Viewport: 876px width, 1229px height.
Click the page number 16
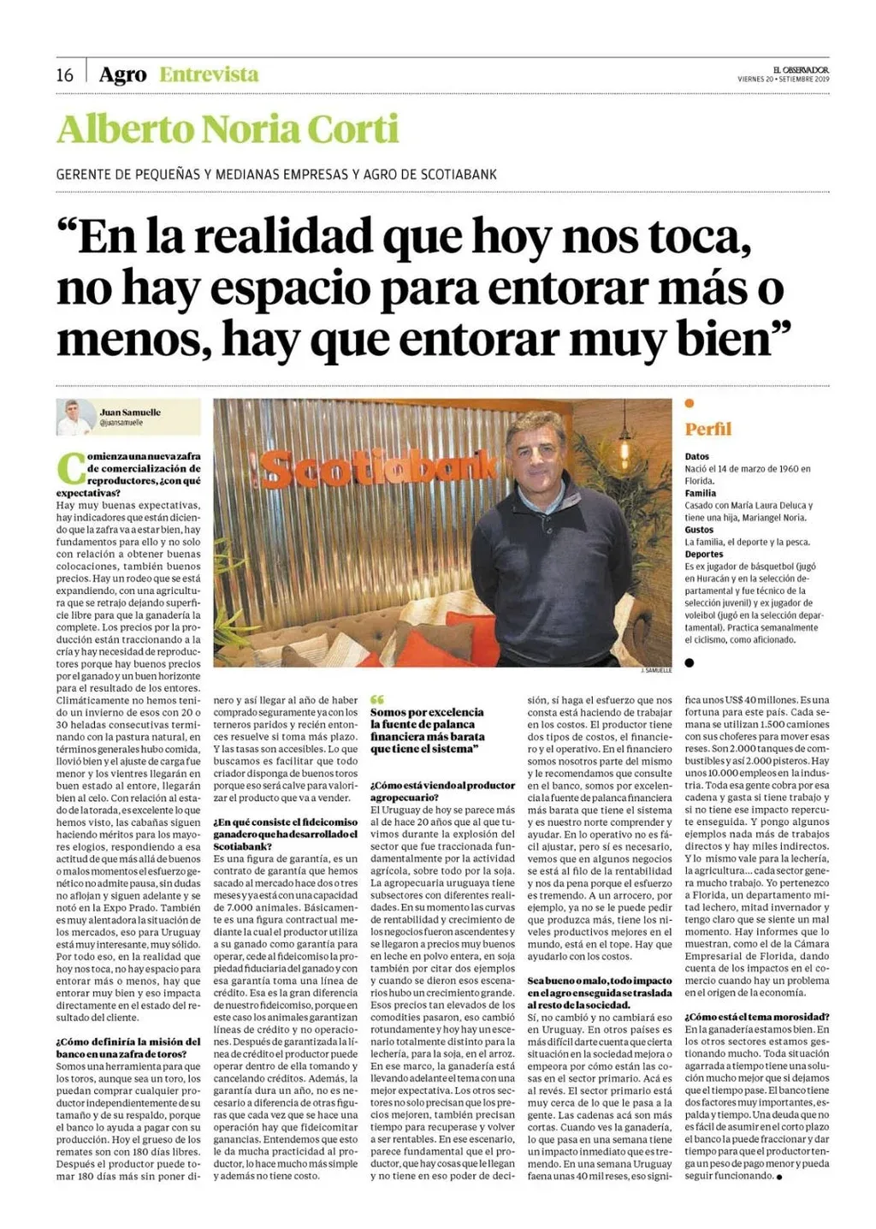65,75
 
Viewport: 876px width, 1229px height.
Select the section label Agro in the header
122,75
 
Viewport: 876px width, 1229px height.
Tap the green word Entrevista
209,75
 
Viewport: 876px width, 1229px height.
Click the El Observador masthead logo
801,69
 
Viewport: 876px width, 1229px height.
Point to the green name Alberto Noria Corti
228,130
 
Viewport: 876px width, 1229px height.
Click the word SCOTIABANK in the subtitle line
459,175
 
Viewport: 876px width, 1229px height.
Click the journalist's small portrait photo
75,417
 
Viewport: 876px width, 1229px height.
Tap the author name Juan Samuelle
130,413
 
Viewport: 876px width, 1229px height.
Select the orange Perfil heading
708,430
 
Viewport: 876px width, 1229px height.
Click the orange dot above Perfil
690,403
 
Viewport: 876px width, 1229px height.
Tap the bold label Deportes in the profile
703,555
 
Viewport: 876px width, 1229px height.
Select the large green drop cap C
70,468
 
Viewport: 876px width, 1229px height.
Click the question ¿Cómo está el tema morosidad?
756,1017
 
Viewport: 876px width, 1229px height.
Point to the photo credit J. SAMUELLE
657,671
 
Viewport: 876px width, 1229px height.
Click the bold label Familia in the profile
701,493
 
